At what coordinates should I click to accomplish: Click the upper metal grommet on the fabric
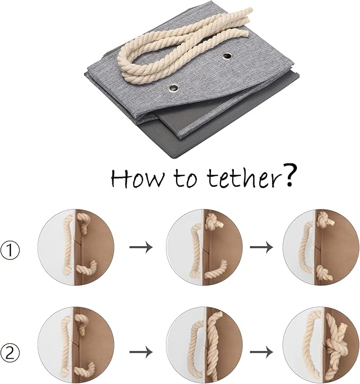(227, 56)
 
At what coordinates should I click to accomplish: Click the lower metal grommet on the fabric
(174, 88)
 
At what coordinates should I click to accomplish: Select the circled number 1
(10, 250)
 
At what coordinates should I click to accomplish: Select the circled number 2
(10, 353)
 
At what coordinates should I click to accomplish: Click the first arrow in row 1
(141, 247)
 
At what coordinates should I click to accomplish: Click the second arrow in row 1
(261, 247)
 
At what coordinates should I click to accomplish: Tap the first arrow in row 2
(141, 352)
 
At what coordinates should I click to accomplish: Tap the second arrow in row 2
(261, 352)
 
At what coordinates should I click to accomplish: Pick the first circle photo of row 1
(76, 247)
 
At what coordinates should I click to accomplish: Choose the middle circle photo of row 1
(204, 247)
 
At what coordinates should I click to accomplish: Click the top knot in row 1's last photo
(325, 220)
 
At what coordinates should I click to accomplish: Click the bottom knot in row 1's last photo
(324, 274)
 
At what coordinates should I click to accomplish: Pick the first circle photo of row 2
(76, 345)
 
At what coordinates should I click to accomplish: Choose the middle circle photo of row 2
(204, 345)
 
